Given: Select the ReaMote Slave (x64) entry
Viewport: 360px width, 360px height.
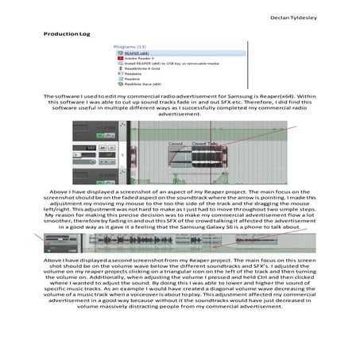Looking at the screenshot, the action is click(143, 83).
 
